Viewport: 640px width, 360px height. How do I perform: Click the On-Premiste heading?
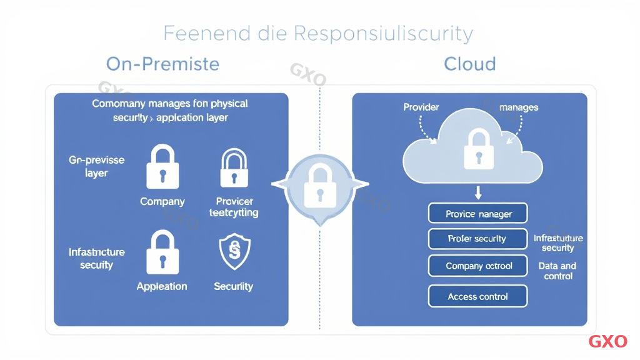pos(162,64)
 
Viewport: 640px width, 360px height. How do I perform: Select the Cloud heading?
pos(469,64)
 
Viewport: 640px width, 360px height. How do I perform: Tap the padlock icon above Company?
pos(162,167)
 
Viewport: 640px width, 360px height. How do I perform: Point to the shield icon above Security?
pos(234,252)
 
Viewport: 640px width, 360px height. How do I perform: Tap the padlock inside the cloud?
pos(478,149)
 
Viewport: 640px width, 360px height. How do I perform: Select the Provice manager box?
pos(478,214)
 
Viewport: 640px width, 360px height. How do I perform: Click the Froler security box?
pos(478,239)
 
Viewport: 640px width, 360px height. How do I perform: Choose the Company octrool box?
pos(478,266)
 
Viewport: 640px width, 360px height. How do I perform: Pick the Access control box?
pos(478,296)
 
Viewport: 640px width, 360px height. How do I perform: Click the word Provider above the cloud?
pos(421,107)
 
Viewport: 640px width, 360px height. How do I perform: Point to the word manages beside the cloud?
pos(519,107)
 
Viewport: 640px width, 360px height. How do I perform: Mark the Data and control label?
pos(557,271)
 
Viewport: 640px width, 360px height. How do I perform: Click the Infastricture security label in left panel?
pos(97,259)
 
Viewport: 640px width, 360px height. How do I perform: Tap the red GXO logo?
pos(607,341)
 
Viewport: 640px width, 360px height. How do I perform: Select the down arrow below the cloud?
pos(478,191)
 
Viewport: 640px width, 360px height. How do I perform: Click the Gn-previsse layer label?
pos(97,166)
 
